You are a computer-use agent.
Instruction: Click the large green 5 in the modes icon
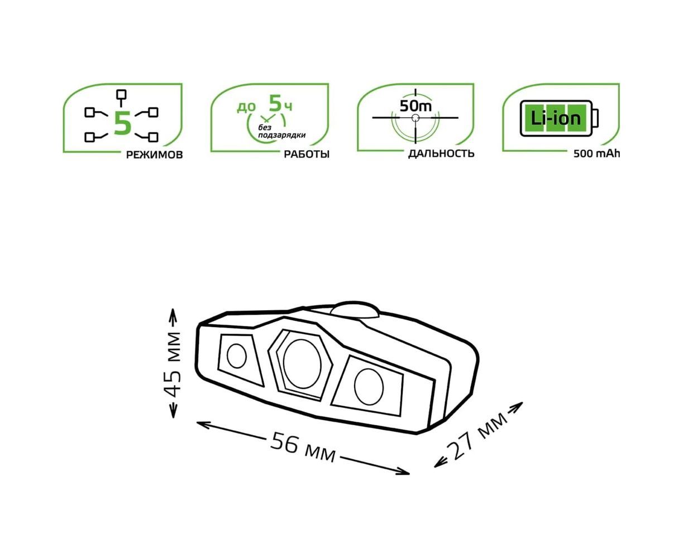(123, 123)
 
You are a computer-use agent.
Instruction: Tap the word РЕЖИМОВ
(154, 155)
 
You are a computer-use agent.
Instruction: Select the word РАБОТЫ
(307, 155)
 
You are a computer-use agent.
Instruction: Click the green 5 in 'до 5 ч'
(275, 103)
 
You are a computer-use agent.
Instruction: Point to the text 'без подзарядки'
(281, 131)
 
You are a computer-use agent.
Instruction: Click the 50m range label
(415, 106)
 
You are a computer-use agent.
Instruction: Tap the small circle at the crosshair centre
(415, 118)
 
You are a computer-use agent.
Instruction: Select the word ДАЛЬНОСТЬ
(441, 153)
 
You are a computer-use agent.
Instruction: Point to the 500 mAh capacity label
(596, 154)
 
